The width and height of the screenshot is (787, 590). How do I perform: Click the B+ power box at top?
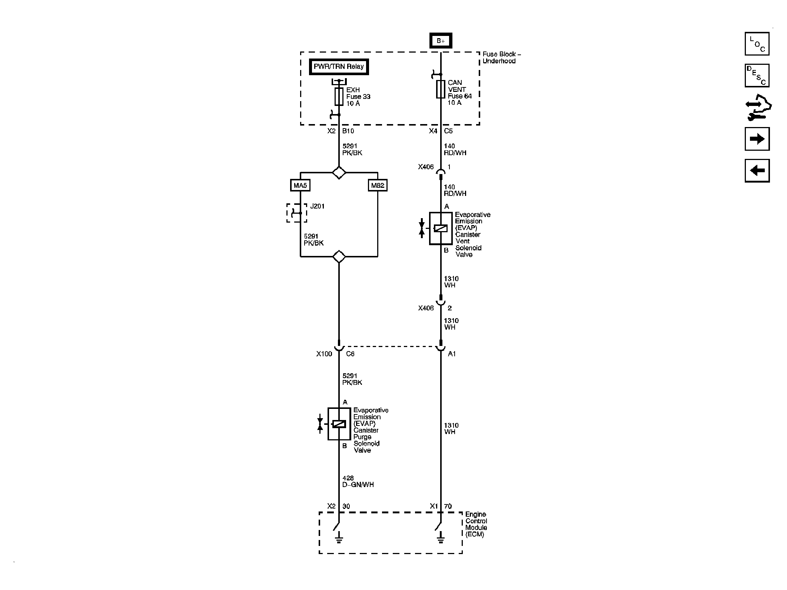pyautogui.click(x=441, y=41)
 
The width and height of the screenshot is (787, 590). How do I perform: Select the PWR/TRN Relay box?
pyautogui.click(x=339, y=67)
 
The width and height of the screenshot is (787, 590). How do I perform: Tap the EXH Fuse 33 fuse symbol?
pyautogui.click(x=339, y=97)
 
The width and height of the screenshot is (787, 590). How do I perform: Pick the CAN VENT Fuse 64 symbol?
pyautogui.click(x=441, y=89)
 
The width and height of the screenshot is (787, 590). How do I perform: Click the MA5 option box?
pyautogui.click(x=300, y=185)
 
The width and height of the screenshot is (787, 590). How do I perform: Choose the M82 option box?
pyautogui.click(x=378, y=185)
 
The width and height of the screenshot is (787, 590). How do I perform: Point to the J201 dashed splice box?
pyautogui.click(x=297, y=213)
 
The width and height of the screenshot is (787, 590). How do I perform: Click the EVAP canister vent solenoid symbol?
pyautogui.click(x=441, y=229)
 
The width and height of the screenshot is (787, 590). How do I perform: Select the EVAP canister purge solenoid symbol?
pyautogui.click(x=339, y=424)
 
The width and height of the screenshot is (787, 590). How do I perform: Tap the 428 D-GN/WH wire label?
pyautogui.click(x=358, y=481)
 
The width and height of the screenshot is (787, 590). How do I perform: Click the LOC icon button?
pyautogui.click(x=757, y=44)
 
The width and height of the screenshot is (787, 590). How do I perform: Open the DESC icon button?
pyautogui.click(x=757, y=76)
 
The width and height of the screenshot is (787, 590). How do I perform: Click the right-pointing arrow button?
pyautogui.click(x=757, y=139)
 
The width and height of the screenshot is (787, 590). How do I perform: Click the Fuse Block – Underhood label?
pyautogui.click(x=501, y=58)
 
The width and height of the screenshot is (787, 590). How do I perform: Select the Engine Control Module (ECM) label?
pyautogui.click(x=476, y=524)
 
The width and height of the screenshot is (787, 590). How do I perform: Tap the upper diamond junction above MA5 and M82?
pyautogui.click(x=339, y=173)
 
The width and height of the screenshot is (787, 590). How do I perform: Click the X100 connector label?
pyautogui.click(x=324, y=354)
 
